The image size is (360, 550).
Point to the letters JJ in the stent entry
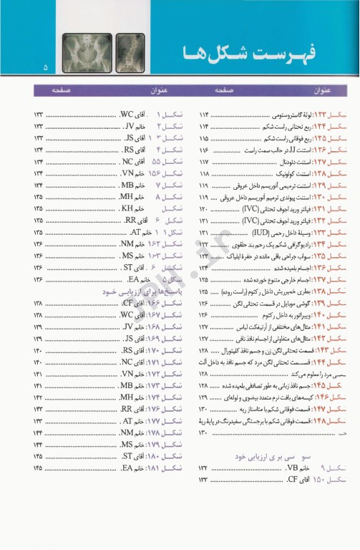pyautogui.click(x=278, y=150)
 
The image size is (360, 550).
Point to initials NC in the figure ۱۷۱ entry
pyautogui.click(x=127, y=362)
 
